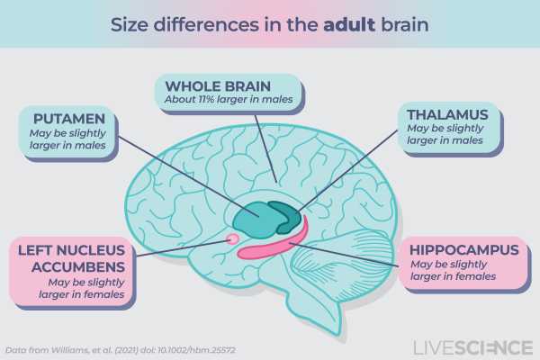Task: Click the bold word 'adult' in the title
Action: pyautogui.click(x=349, y=25)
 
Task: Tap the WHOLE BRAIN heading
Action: pyautogui.click(x=218, y=86)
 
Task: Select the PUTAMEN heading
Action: pyautogui.click(x=69, y=119)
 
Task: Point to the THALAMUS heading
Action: pyautogui.click(x=447, y=114)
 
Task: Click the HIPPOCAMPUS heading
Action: pyautogui.click(x=464, y=250)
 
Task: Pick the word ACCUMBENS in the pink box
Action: pyautogui.click(x=77, y=267)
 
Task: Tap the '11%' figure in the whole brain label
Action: pyautogui.click(x=206, y=99)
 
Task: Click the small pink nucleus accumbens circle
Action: pyautogui.click(x=233, y=238)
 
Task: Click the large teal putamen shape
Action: pyautogui.click(x=254, y=219)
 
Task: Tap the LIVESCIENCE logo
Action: pyautogui.click(x=472, y=347)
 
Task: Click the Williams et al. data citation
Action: pyautogui.click(x=121, y=350)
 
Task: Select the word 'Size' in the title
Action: pyautogui.click(x=129, y=25)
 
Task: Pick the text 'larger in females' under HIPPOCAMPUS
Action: pyautogui.click(x=454, y=276)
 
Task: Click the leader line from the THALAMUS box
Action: pyautogui.click(x=347, y=171)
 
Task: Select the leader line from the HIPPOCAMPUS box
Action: pyautogui.click(x=345, y=255)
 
